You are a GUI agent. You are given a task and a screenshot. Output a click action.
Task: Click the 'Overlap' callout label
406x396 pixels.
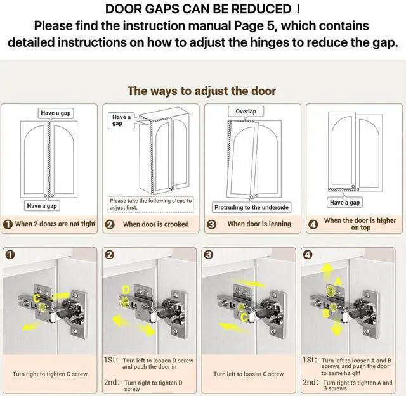(246, 112)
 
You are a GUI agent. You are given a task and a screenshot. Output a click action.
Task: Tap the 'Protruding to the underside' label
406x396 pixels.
(251, 207)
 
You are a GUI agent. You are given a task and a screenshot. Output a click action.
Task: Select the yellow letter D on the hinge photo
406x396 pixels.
(126, 290)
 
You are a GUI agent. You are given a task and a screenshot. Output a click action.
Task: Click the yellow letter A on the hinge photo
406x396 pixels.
(338, 281)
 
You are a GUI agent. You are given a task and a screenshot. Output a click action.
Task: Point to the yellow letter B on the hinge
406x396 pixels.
(326, 314)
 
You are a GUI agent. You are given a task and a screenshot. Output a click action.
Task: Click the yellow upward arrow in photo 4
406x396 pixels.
(327, 270)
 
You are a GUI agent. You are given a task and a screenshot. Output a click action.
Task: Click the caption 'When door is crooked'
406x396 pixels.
(155, 224)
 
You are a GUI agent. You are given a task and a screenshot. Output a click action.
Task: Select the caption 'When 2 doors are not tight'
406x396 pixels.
(55, 224)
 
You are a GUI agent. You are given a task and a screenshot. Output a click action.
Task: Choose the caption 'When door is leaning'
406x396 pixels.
(259, 224)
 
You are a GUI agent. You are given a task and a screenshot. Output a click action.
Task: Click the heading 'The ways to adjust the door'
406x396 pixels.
(202, 91)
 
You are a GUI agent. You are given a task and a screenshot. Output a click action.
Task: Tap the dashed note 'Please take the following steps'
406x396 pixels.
(151, 204)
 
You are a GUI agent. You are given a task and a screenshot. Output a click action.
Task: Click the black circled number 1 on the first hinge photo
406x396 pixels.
(10, 255)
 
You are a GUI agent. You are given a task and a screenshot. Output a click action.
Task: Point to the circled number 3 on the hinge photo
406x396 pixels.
(209, 255)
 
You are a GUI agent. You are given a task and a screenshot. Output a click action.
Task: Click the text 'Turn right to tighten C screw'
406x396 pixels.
(50, 374)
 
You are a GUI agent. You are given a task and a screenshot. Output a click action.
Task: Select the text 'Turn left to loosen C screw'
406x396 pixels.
(249, 374)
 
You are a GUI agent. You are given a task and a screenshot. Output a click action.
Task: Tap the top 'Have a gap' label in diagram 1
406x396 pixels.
(56, 113)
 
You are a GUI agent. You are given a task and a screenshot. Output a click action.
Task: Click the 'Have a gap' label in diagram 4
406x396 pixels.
(344, 203)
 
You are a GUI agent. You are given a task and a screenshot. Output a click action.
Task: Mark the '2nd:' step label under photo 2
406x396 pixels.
(112, 382)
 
